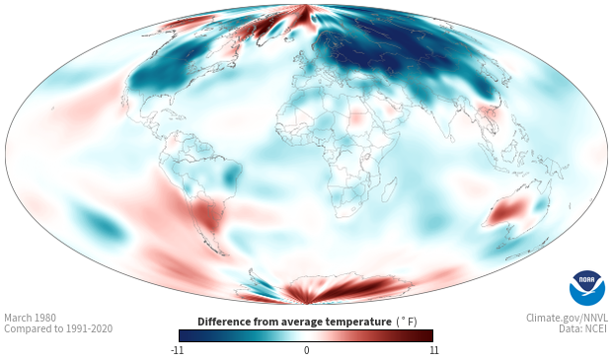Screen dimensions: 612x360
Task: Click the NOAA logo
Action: tap(587, 288)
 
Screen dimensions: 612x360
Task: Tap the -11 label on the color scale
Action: tap(177, 350)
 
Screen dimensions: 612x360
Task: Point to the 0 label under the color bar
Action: tap(306, 350)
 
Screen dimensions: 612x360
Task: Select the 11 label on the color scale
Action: tap(433, 350)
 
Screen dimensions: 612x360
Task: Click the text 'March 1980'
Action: tap(30, 318)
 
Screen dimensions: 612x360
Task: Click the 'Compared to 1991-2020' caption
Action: tap(58, 328)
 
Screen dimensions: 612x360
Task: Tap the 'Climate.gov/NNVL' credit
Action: tap(567, 318)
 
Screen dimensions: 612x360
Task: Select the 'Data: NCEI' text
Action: tap(583, 328)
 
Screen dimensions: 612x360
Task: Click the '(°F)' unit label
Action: tap(407, 323)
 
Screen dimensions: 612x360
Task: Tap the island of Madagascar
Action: tap(388, 188)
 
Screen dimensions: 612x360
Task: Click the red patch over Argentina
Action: tap(207, 215)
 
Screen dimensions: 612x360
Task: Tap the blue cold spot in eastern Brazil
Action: tap(231, 176)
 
